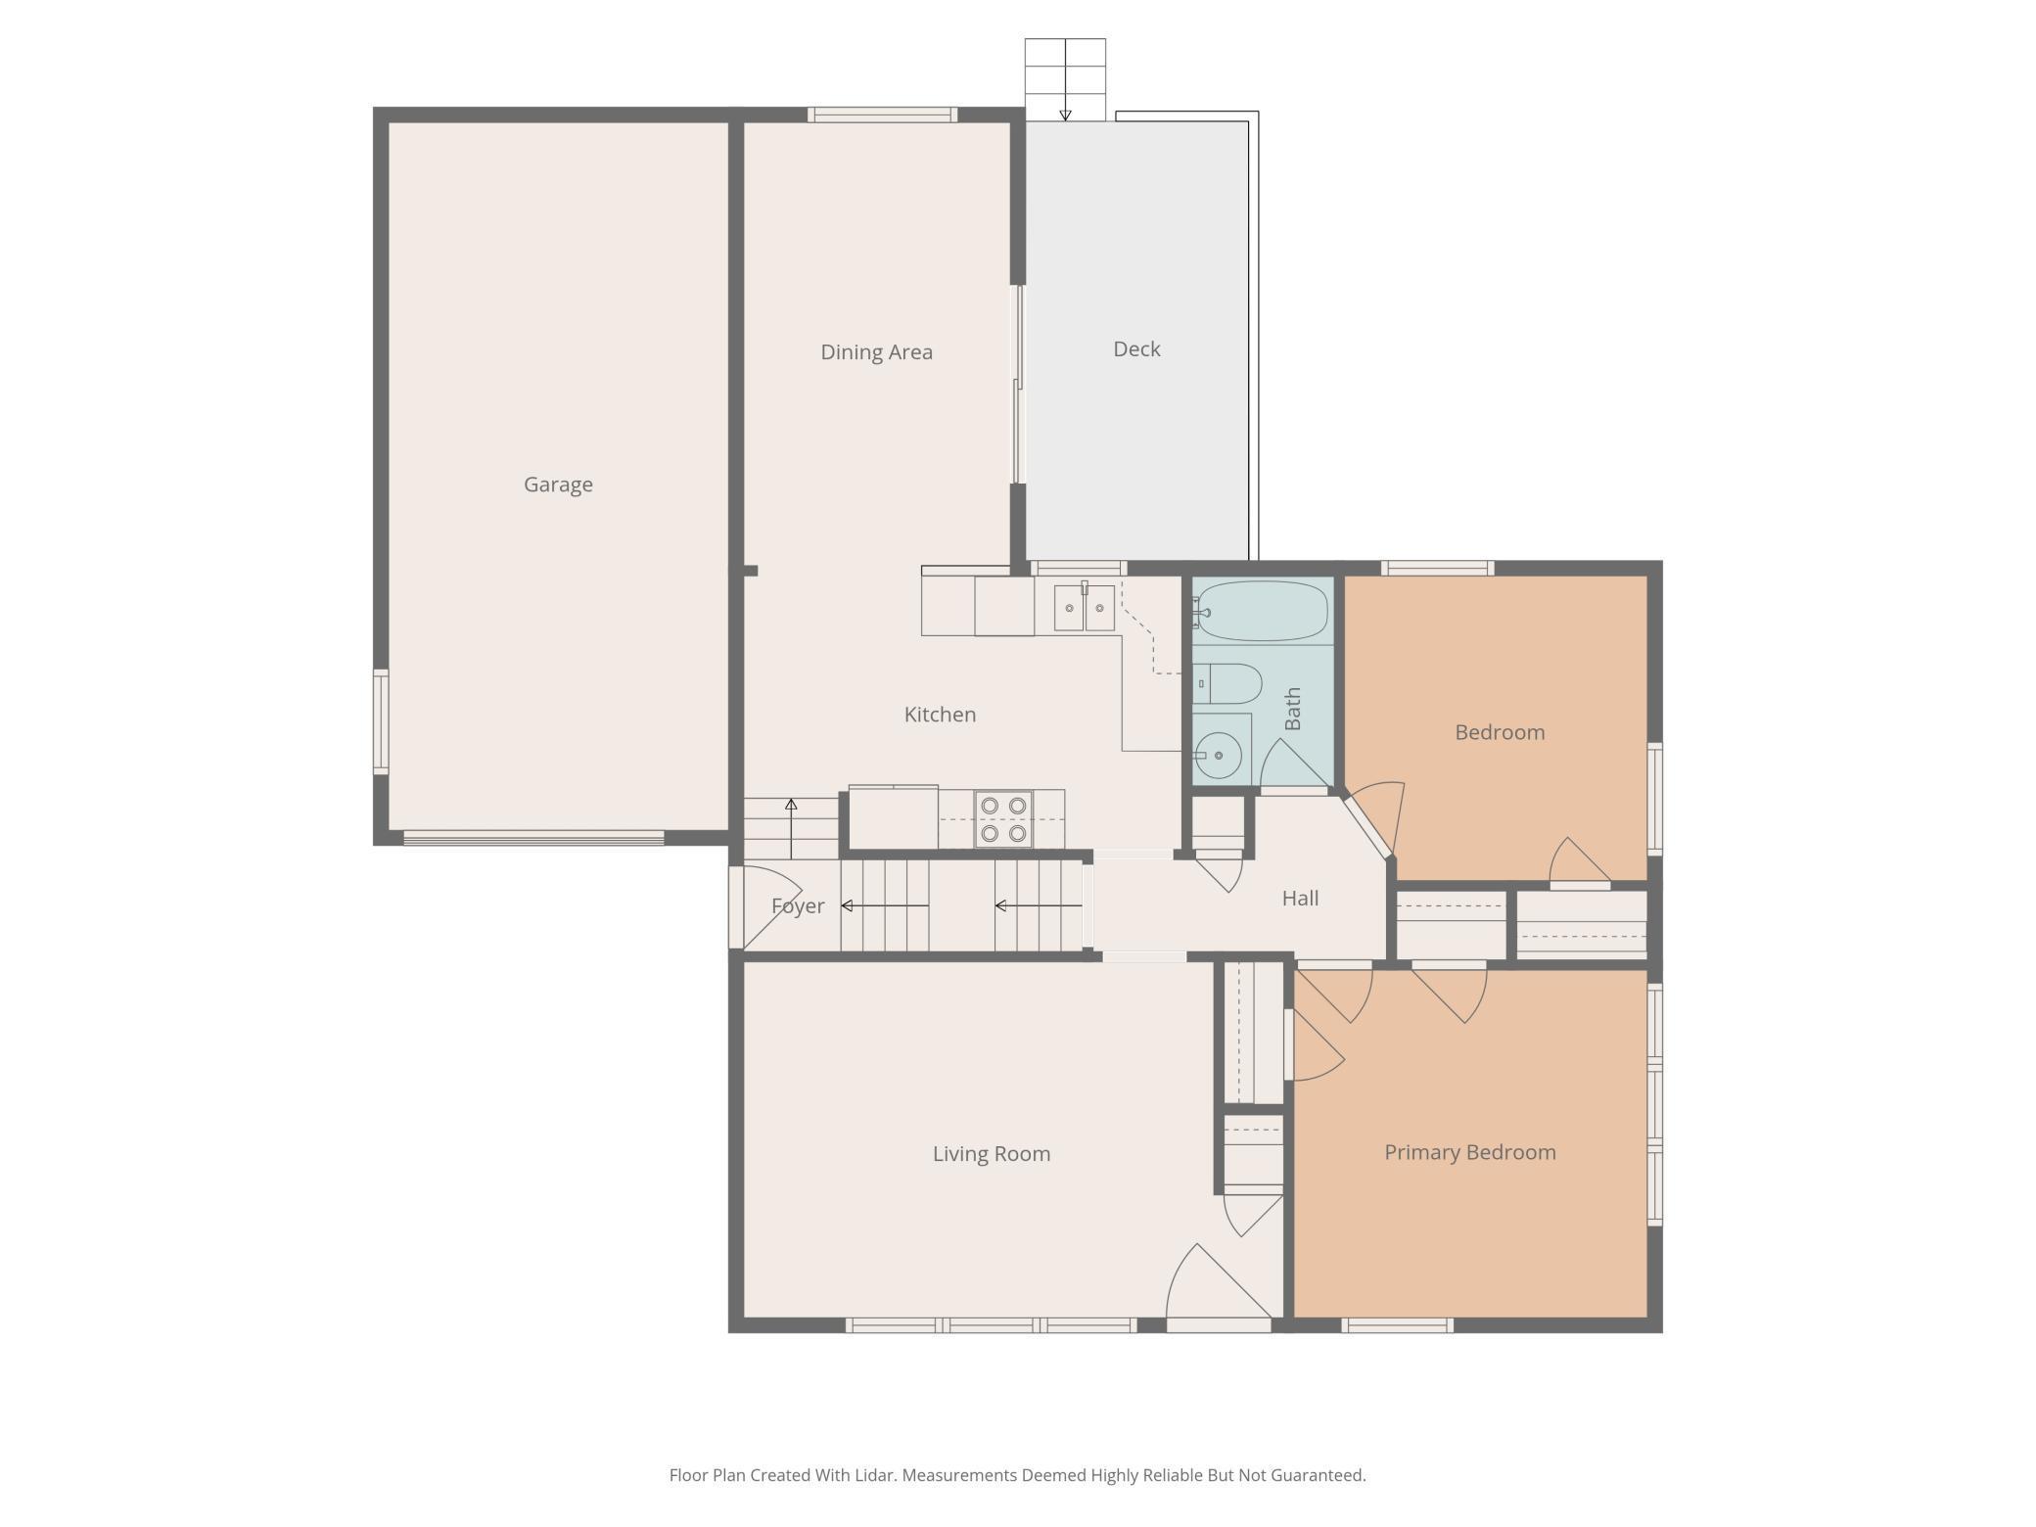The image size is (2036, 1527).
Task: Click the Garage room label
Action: [x=558, y=485]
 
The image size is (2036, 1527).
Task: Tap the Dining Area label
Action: [x=876, y=352]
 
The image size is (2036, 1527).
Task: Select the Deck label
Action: [x=1136, y=349]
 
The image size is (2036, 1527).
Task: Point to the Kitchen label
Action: [x=940, y=715]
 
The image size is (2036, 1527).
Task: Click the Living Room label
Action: [x=992, y=1154]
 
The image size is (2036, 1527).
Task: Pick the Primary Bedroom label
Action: [x=1470, y=1153]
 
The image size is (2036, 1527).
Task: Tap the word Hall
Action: [x=1300, y=899]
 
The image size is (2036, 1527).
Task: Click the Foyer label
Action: [x=798, y=906]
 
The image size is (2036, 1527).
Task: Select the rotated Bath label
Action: [x=1292, y=709]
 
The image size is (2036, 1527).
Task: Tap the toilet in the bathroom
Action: [x=1227, y=683]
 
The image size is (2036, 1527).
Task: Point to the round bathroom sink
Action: [x=1218, y=755]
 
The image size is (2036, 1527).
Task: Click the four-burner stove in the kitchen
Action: [x=1003, y=819]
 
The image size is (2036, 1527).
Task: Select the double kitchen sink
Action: [x=1084, y=608]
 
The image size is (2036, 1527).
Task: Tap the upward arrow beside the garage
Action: [x=791, y=829]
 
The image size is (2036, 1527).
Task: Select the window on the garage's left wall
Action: [x=381, y=722]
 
